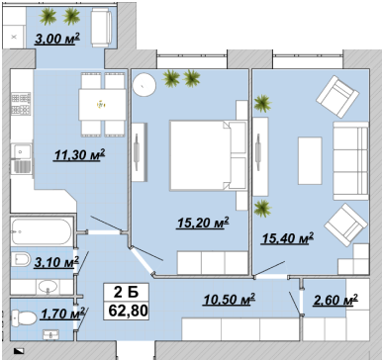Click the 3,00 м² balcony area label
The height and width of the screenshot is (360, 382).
pos(57,39)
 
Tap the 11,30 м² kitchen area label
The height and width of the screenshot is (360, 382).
pos(79,154)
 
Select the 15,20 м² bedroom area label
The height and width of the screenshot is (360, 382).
pos(203,223)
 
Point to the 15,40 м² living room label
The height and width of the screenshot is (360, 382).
pos(287,238)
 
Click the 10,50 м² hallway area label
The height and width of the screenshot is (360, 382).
pos(230,300)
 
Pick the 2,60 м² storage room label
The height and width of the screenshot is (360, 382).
pos(335,300)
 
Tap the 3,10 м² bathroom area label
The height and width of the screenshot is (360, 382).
pos(56,262)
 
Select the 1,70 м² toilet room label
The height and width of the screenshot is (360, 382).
pos(62,314)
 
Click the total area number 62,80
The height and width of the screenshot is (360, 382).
pos(128,311)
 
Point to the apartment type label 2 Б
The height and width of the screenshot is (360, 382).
pos(127,292)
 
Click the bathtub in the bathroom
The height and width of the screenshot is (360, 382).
pos(42,231)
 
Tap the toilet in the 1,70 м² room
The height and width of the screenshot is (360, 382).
pos(23,318)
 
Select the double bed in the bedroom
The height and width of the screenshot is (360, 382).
pos(208,155)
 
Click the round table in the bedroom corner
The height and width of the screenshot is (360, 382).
pos(144,84)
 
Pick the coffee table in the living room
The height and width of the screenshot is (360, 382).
pos(310,160)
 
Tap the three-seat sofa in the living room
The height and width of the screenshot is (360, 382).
pos(350,160)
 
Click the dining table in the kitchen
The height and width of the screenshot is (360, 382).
pos(102,105)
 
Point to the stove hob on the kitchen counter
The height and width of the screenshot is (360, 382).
pos(21,105)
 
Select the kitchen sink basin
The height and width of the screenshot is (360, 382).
pos(22,152)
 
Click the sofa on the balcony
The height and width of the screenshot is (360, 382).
pos(101,28)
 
